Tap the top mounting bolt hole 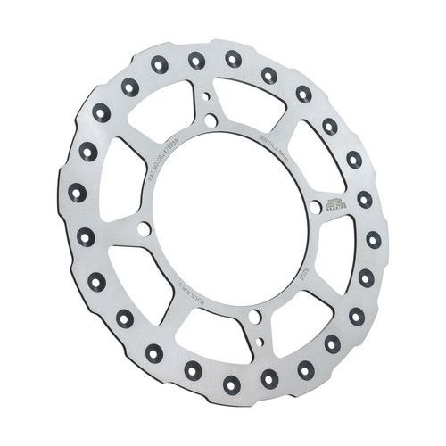[211, 120]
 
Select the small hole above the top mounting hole [207, 97]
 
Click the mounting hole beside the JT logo [316, 207]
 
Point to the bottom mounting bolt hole [254, 317]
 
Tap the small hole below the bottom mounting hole [259, 340]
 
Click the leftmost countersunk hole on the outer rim [78, 192]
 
